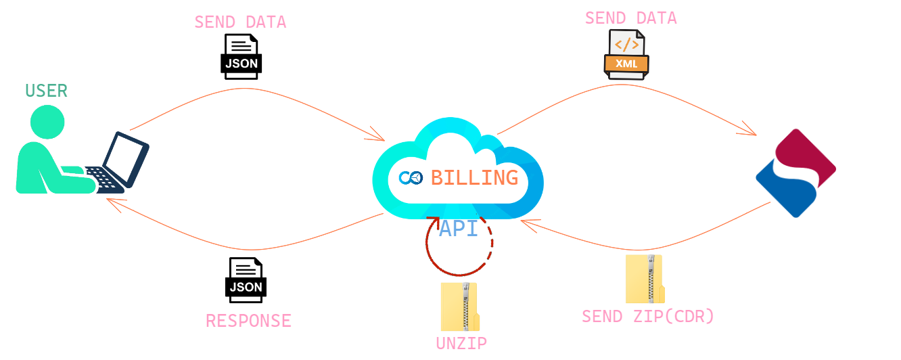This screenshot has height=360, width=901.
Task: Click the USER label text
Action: click(46, 91)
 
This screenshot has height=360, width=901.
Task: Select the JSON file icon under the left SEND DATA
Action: click(241, 57)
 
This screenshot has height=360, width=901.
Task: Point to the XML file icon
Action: click(626, 55)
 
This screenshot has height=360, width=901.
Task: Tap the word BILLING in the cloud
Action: click(475, 178)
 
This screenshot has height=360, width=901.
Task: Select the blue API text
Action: click(458, 229)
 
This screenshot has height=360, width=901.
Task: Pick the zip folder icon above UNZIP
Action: click(460, 307)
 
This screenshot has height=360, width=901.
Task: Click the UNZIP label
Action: click(461, 342)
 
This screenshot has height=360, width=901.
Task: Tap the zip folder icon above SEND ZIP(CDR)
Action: click(645, 279)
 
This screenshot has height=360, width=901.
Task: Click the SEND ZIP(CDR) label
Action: click(647, 316)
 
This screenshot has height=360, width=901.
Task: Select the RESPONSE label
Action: click(248, 320)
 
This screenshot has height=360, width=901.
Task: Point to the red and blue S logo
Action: click(795, 173)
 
